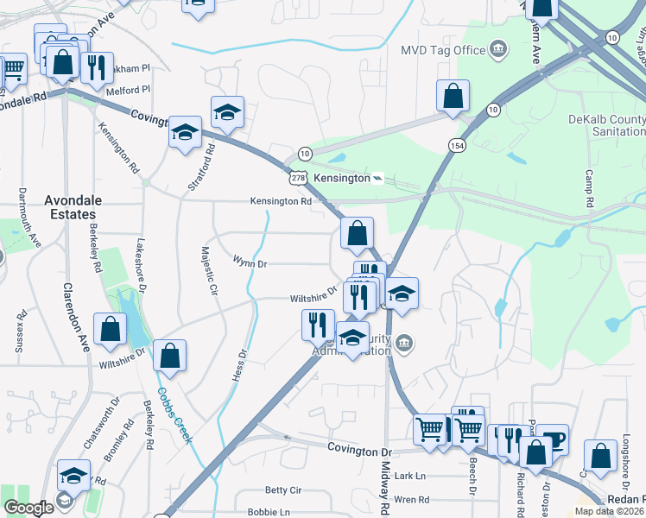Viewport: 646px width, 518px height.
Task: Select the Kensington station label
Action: coord(345,178)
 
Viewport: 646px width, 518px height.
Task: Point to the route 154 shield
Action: coord(457,146)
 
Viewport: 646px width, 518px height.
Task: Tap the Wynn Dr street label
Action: coord(250,261)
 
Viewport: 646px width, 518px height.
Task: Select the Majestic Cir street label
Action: coord(208,271)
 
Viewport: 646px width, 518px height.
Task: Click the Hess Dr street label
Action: coord(240,365)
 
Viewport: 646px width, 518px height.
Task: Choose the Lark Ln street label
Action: coord(409,476)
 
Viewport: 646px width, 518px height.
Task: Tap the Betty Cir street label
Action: coord(282,490)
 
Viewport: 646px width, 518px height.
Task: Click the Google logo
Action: coord(28,508)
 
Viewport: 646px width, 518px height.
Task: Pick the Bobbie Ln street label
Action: coord(268,512)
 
